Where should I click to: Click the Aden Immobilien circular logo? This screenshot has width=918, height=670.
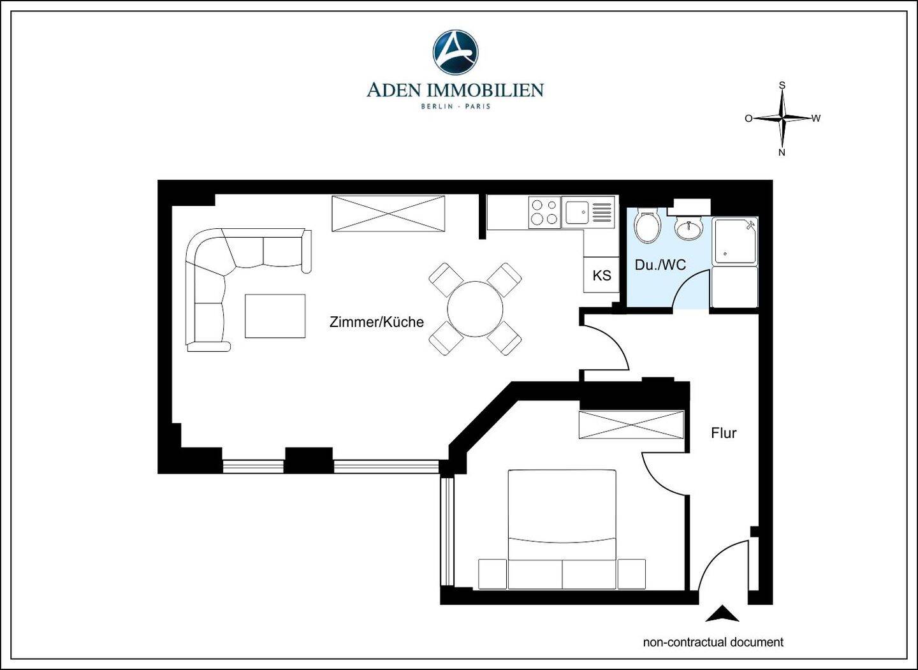click(455, 52)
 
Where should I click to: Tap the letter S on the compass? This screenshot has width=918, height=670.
click(782, 85)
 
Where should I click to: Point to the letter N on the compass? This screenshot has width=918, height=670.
click(782, 152)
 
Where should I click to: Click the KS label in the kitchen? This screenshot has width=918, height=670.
click(602, 275)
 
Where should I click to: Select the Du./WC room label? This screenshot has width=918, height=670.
click(660, 265)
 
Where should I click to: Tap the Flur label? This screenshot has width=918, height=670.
click(724, 433)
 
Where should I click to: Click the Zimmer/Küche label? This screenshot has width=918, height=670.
click(377, 322)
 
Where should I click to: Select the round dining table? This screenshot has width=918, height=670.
click(475, 309)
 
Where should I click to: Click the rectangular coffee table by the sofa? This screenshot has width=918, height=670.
click(275, 316)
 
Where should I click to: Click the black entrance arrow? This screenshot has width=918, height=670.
click(722, 614)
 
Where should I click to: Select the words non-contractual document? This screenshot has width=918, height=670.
click(713, 642)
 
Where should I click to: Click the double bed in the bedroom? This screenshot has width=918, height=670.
click(562, 530)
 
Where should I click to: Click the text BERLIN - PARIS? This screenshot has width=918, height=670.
click(456, 106)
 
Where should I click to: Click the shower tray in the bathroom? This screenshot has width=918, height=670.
click(735, 241)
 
